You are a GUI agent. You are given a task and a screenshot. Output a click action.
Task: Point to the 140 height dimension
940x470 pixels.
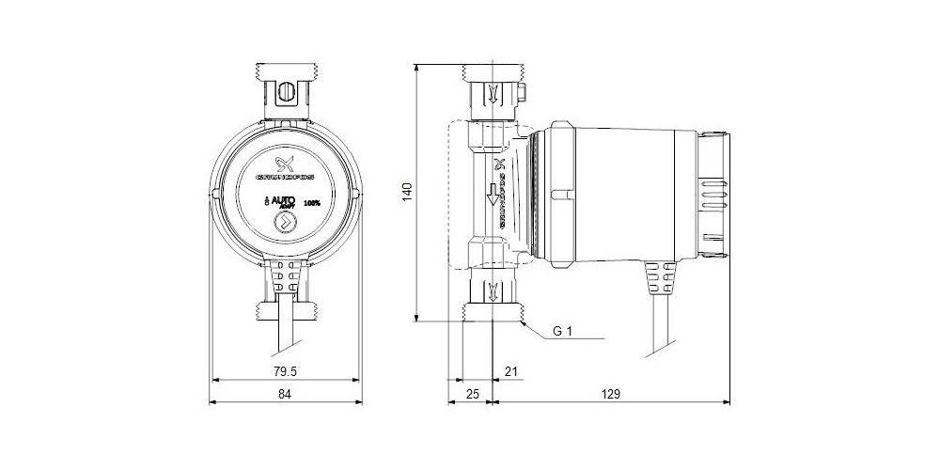tap(406, 192)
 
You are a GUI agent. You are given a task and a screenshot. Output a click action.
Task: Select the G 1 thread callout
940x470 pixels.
tap(562, 331)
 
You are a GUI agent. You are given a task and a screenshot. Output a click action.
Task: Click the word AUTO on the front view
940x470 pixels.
tap(285, 199)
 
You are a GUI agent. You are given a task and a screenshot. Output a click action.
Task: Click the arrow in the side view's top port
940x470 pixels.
tap(493, 93)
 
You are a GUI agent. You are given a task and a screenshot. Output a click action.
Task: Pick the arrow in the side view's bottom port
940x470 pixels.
tap(493, 290)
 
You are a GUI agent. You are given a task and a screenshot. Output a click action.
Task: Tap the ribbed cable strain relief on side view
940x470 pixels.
tap(660, 280)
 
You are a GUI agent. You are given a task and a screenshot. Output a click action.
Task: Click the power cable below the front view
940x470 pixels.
tap(284, 324)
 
